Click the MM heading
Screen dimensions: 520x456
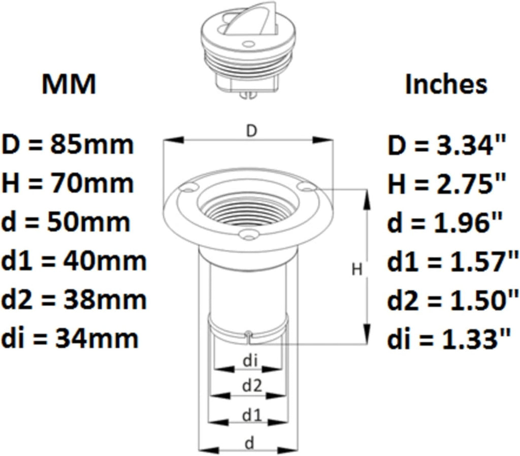pos(69,84)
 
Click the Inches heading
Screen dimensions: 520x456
pos(446,84)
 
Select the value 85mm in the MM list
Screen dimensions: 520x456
pos(92,144)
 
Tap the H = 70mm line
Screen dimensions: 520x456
pos(68,183)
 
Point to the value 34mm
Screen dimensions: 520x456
pos(96,338)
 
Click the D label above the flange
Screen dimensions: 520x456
pos(252,132)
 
